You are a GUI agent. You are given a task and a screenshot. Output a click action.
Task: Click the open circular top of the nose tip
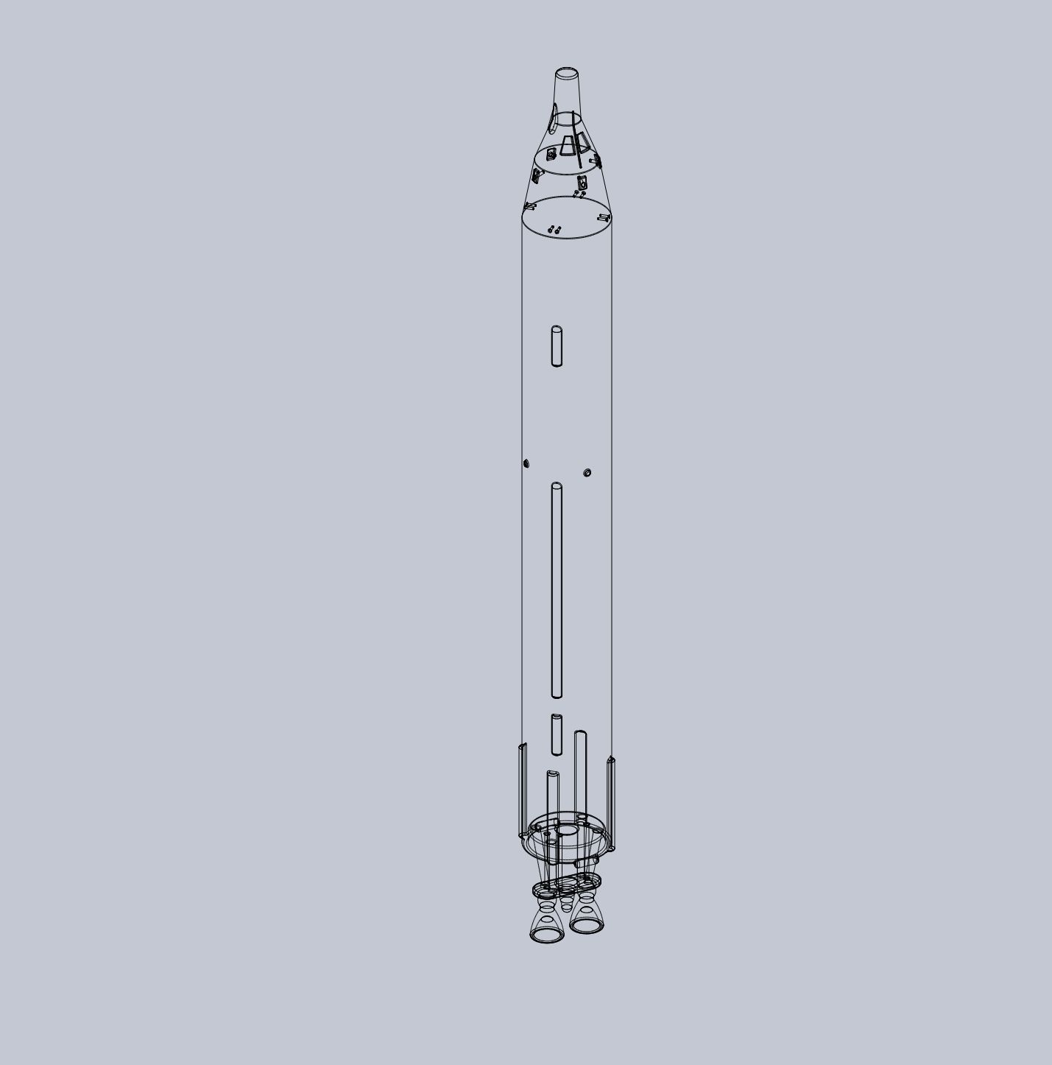(566, 73)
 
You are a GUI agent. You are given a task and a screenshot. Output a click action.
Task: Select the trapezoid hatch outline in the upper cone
(568, 146)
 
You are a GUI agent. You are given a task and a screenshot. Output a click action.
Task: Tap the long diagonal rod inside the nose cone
(577, 140)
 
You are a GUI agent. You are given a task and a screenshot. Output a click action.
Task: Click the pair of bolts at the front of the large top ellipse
(555, 231)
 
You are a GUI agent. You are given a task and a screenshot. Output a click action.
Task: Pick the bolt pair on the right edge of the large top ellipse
(603, 217)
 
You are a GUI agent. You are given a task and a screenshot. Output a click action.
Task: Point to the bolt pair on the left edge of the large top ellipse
(529, 206)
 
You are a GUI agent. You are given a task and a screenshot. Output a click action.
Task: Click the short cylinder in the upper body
(557, 346)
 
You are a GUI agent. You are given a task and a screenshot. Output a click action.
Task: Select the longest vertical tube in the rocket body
(557, 589)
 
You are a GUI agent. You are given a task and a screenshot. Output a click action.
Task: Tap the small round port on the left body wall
(526, 463)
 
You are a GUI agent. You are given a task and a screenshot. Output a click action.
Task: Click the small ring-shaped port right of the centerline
(587, 472)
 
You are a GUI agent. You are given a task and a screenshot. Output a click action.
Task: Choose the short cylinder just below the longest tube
(557, 734)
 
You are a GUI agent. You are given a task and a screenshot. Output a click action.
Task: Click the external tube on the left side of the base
(523, 792)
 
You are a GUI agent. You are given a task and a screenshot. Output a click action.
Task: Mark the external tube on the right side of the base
(611, 803)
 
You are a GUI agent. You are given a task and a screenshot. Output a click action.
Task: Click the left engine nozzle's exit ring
(546, 935)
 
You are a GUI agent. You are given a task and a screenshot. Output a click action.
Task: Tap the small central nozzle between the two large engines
(566, 904)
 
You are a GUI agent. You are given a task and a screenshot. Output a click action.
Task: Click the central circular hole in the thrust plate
(566, 831)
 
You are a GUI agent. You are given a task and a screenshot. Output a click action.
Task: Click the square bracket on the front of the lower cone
(581, 183)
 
